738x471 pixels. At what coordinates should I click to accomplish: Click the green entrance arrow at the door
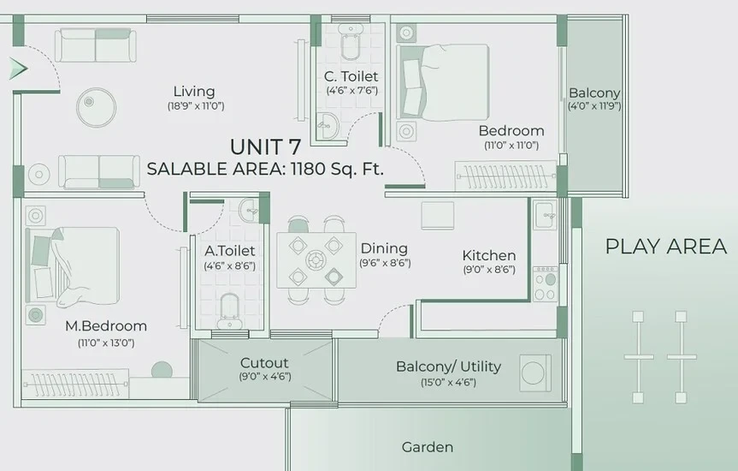[x=18, y=69]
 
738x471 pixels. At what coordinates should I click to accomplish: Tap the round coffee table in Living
[x=97, y=107]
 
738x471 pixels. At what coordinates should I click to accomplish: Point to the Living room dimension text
[x=196, y=105]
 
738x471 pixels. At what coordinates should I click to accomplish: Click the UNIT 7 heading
[x=265, y=147]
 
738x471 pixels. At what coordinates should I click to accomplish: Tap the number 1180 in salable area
[x=309, y=169]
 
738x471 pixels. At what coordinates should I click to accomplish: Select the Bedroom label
[x=511, y=131]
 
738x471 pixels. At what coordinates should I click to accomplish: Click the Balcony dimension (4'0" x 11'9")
[x=594, y=106]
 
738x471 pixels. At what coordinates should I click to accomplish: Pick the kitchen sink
[x=546, y=215]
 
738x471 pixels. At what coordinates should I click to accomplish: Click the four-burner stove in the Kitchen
[x=545, y=283]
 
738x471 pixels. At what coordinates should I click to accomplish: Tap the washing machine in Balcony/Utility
[x=535, y=373]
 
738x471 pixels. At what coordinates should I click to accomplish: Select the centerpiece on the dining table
[x=316, y=259]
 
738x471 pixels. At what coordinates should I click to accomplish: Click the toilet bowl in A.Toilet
[x=230, y=311]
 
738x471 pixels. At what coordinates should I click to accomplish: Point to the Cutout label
[x=264, y=363]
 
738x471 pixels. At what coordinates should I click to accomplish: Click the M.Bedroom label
[x=106, y=325]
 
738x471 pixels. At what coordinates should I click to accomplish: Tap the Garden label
[x=428, y=447]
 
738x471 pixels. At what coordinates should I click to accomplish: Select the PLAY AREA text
[x=666, y=247]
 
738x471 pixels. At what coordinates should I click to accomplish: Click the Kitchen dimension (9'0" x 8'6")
[x=489, y=270]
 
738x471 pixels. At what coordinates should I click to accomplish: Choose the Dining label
[x=384, y=248]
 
